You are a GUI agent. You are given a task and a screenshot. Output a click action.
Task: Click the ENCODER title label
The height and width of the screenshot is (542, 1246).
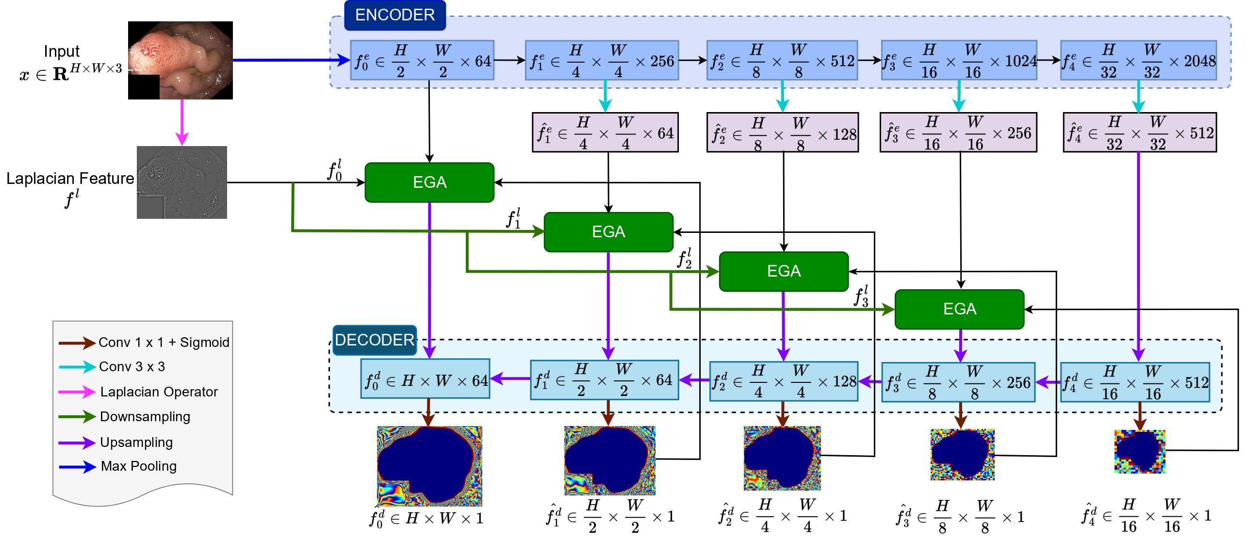pos(394,15)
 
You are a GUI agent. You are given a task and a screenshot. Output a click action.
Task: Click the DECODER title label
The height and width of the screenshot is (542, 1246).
pos(374,340)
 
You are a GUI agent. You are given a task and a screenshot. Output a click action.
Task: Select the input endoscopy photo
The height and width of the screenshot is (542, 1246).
pos(180,60)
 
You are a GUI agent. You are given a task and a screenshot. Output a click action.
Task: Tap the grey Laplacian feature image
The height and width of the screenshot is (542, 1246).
pos(182,182)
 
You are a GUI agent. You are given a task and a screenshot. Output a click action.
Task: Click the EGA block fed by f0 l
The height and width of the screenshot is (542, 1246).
pos(429,182)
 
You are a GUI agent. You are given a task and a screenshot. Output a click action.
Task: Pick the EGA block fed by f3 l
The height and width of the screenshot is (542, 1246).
pos(959,309)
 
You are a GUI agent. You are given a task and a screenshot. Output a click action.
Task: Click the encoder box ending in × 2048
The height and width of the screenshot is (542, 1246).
pos(1138,61)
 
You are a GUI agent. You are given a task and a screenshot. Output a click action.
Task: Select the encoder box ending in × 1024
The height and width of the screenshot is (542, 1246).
pos(959,61)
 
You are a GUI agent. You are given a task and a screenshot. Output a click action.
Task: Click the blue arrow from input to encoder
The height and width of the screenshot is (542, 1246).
pos(291,60)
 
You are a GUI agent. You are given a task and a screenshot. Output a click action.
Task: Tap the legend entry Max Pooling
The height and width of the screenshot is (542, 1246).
pos(138,466)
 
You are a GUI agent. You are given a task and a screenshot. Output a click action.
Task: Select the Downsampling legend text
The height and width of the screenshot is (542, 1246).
pos(145,417)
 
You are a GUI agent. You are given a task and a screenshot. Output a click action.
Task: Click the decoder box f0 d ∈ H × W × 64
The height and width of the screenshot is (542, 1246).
pos(426,380)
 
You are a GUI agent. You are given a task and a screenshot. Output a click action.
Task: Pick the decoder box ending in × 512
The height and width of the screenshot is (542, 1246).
pos(1135,382)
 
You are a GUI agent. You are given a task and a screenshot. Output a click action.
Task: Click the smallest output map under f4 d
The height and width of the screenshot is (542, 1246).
pos(1140,451)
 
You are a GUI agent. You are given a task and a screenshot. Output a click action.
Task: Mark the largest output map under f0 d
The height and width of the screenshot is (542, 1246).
pos(429,466)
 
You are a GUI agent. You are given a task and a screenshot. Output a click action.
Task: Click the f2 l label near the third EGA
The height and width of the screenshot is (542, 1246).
pos(685,259)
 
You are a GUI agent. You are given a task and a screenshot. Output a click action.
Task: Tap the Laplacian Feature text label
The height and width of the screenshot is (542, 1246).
pos(70,179)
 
